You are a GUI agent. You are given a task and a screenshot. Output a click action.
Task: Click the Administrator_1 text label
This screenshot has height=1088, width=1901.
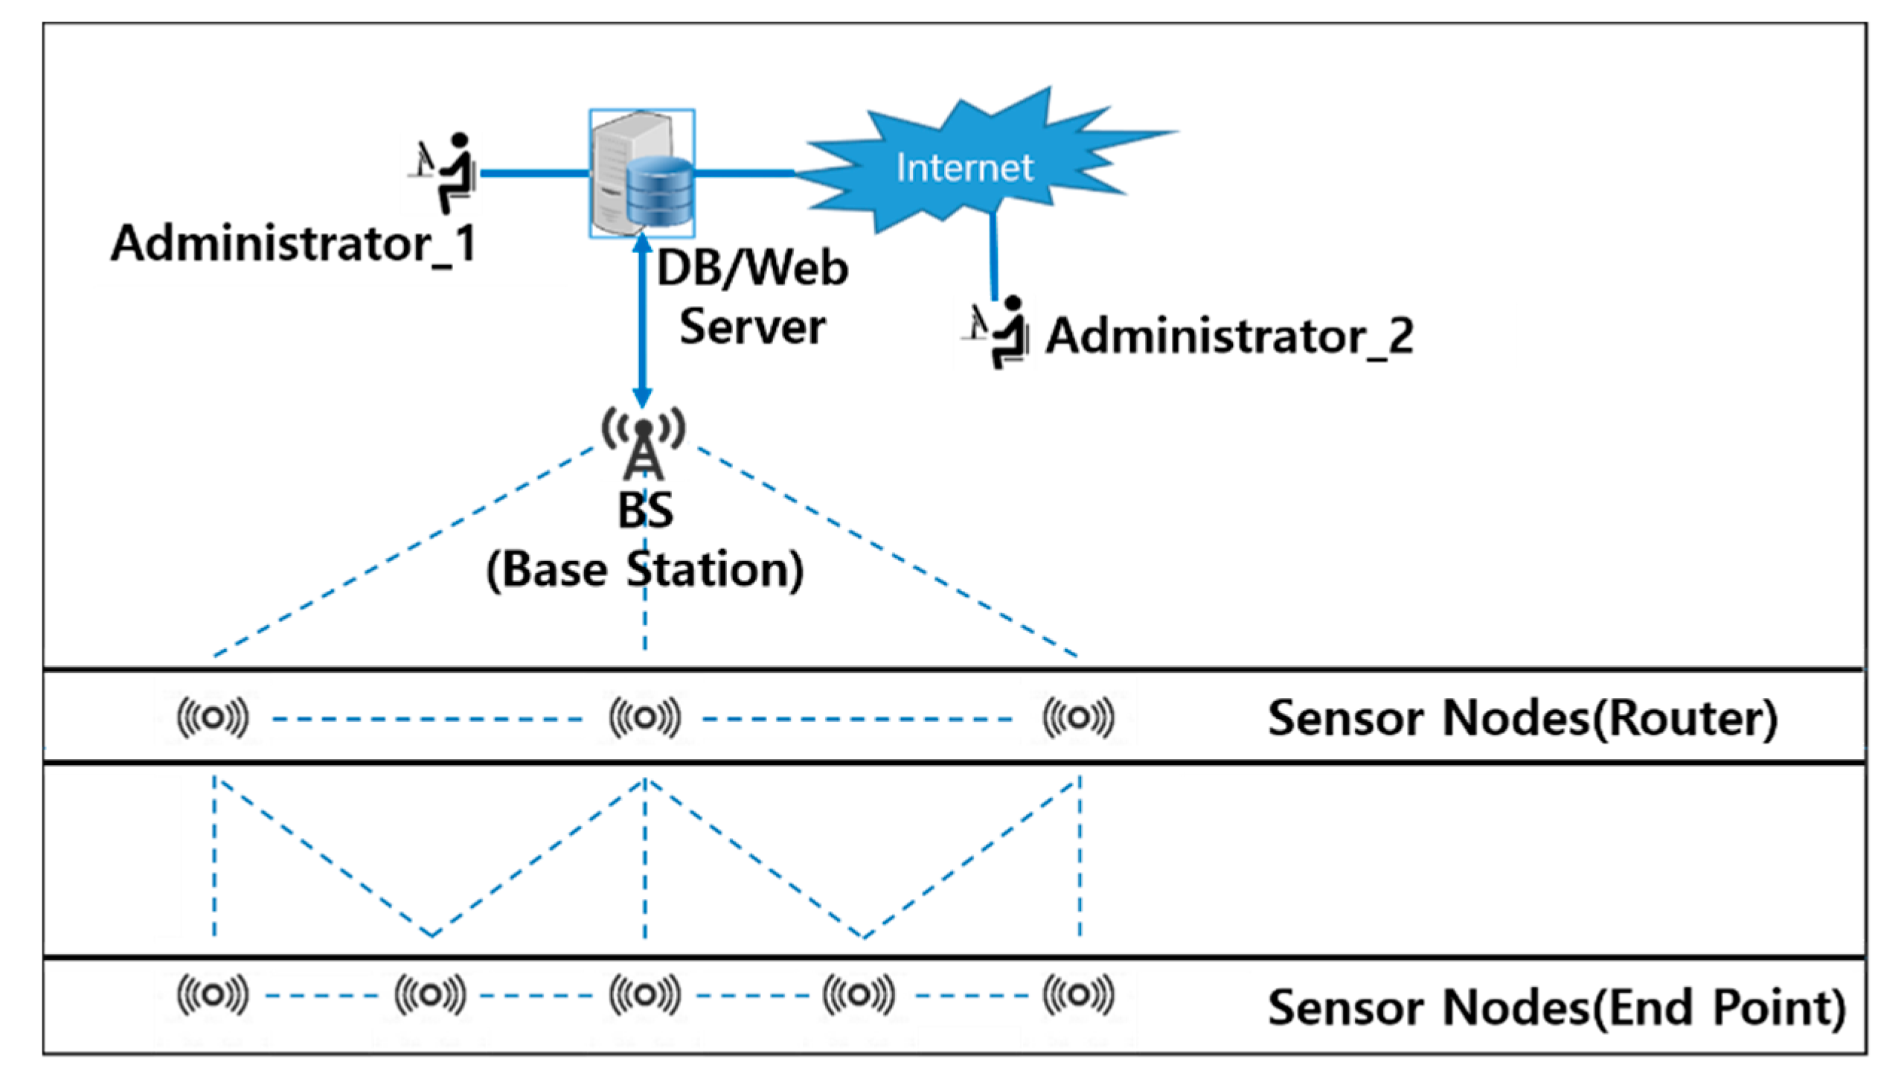pyautogui.click(x=293, y=243)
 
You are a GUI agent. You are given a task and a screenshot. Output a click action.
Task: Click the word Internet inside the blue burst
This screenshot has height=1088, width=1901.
pyautogui.click(x=964, y=167)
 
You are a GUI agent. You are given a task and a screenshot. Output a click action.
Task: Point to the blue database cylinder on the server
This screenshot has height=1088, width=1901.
pyautogui.click(x=659, y=192)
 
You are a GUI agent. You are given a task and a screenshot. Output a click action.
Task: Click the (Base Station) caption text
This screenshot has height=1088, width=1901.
pyautogui.click(x=644, y=571)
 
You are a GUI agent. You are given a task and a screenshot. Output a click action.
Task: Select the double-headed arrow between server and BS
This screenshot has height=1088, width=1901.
pyautogui.click(x=642, y=321)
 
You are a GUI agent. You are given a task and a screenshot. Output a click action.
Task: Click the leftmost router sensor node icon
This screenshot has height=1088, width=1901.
pyautogui.click(x=213, y=718)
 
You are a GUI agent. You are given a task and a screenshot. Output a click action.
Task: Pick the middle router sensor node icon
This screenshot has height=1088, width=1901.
pyautogui.click(x=644, y=718)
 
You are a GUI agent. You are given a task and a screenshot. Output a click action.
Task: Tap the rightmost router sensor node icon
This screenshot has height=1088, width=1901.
pyautogui.click(x=1078, y=718)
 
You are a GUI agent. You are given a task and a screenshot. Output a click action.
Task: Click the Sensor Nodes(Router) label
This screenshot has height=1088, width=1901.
pyautogui.click(x=1522, y=719)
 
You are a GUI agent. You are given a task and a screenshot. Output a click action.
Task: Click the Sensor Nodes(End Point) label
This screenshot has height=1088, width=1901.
pyautogui.click(x=1556, y=1008)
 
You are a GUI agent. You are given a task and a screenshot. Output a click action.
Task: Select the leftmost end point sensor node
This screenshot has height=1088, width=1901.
pyautogui.click(x=213, y=994)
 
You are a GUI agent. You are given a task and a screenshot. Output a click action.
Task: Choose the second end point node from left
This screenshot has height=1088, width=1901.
pyautogui.click(x=430, y=994)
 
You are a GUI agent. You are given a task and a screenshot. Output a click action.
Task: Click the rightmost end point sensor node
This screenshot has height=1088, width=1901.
pyautogui.click(x=1078, y=994)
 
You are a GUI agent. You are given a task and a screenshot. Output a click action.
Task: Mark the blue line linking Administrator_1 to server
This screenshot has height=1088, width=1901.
pyautogui.click(x=534, y=173)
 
